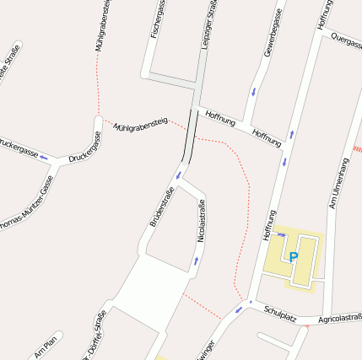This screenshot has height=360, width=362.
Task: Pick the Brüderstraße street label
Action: [162, 207]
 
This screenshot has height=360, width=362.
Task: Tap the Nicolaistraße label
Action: [201, 222]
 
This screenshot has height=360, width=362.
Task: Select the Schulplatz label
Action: [278, 313]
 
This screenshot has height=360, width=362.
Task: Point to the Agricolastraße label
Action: [340, 319]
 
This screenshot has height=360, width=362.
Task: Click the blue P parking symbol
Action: [294, 257]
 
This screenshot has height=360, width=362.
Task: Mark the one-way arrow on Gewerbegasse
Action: [252, 91]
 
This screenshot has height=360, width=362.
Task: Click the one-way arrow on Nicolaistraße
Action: [196, 261]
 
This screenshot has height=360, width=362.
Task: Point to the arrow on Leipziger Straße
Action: [179, 175]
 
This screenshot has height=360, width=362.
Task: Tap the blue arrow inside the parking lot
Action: [280, 234]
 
